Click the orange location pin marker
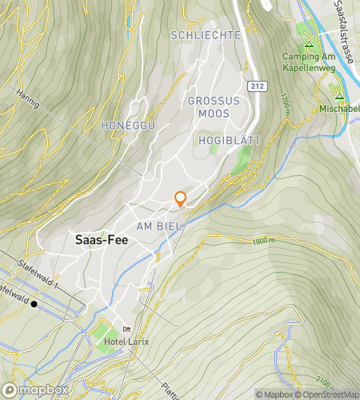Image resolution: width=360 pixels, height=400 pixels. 181,199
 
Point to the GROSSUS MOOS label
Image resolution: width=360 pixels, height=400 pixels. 208,107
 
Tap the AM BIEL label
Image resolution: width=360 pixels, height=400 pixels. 161,226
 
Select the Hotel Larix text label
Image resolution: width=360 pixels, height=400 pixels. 126,342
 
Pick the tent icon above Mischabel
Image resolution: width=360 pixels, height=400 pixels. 339,90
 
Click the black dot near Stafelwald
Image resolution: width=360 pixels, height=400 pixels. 34,304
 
